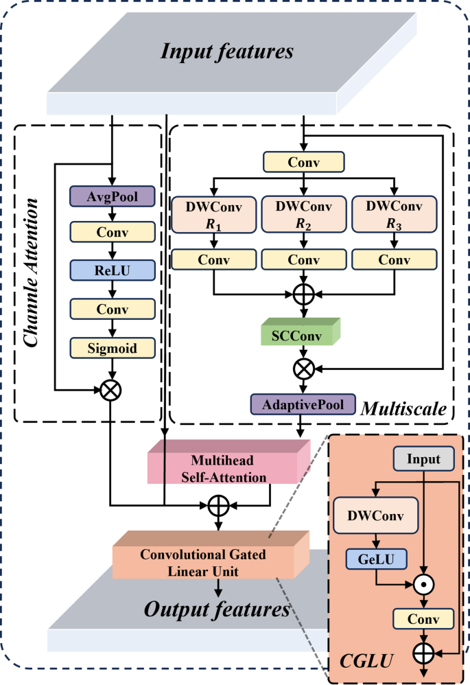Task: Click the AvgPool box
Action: pyautogui.click(x=113, y=196)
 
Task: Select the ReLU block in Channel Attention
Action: pyautogui.click(x=113, y=270)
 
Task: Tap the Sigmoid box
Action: pyautogui.click(x=113, y=348)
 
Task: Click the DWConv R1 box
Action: pyautogui.click(x=213, y=215)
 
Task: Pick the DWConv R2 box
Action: pyautogui.click(x=303, y=214)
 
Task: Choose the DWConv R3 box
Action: pyautogui.click(x=394, y=214)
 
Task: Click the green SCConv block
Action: pyautogui.click(x=301, y=332)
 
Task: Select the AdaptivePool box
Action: pyautogui.click(x=303, y=404)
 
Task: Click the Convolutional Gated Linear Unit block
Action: pyautogui.click(x=211, y=555)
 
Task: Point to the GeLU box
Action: pyautogui.click(x=376, y=559)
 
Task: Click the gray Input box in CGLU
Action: pyautogui.click(x=424, y=458)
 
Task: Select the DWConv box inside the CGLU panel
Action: pyautogui.click(x=375, y=515)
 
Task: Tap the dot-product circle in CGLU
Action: pyautogui.click(x=423, y=584)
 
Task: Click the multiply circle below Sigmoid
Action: pyautogui.click(x=111, y=390)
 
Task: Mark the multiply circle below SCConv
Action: pyautogui.click(x=303, y=369)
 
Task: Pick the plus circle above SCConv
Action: pyautogui.click(x=303, y=294)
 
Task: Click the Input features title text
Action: pyautogui.click(x=227, y=51)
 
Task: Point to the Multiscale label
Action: pyautogui.click(x=403, y=409)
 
